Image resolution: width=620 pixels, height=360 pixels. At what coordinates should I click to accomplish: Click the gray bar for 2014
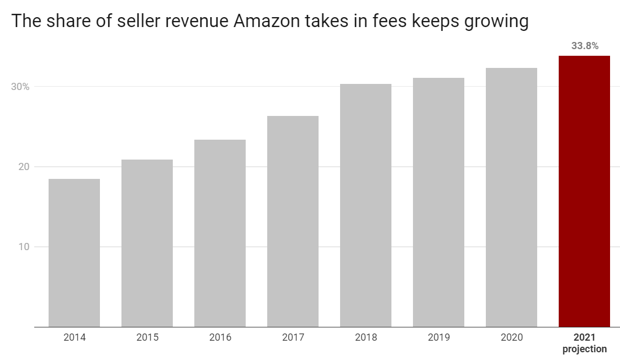point(74,252)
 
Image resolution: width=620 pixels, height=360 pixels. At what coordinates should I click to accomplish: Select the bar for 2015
point(147,243)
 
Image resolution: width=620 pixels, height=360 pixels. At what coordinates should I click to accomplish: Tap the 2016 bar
point(220,233)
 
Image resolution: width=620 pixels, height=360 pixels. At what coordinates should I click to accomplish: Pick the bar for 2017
point(293,221)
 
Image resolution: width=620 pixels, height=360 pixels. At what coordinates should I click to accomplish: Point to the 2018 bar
point(365,205)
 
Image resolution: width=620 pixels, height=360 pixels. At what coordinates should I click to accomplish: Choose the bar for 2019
point(438,202)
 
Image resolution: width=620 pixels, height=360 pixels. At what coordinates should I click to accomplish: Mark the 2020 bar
point(511,197)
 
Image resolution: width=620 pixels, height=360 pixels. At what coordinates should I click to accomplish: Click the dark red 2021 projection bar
point(584,191)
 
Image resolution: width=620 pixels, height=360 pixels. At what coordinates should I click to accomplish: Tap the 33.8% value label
point(585,46)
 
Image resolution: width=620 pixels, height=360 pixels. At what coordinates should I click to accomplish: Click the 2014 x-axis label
point(74,337)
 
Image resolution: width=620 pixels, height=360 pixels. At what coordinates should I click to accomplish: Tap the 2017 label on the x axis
point(293,337)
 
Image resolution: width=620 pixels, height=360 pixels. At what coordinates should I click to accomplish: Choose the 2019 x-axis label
point(438,337)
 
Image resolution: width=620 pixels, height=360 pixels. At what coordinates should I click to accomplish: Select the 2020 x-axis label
point(511,337)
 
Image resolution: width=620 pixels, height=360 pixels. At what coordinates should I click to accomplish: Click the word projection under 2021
point(585,349)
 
